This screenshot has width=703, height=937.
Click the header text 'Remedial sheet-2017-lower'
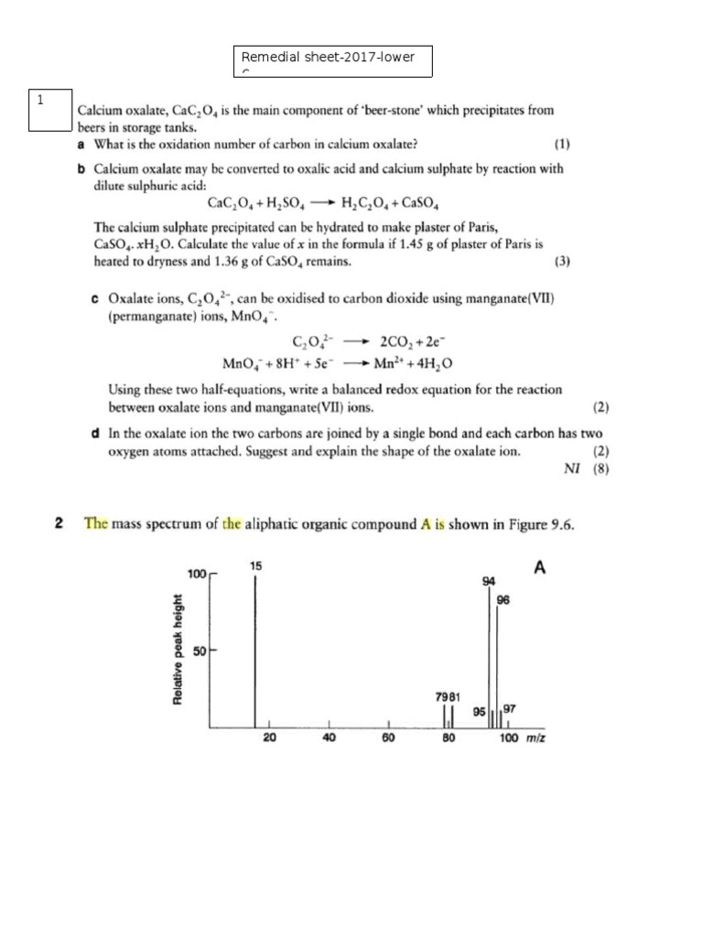coord(327,58)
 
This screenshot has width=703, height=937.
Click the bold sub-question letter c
coord(95,298)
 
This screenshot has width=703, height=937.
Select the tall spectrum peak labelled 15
coord(255,650)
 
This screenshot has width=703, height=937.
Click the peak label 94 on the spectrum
coord(488,582)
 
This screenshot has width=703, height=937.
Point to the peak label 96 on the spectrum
coord(503,600)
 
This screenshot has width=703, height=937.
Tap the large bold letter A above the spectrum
coord(539,568)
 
